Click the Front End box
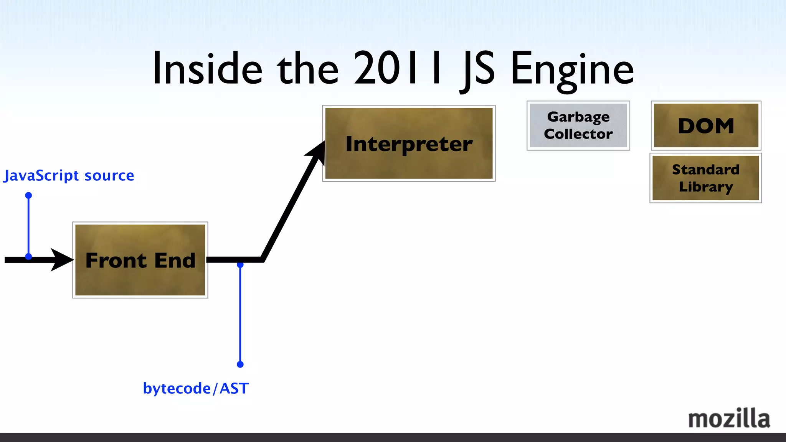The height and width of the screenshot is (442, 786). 140,260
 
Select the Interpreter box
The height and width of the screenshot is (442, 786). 409,143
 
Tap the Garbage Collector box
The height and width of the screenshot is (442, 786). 578,125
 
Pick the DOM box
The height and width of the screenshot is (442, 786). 706,125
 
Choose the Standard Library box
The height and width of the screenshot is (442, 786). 705,178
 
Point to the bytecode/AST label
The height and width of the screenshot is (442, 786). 196,388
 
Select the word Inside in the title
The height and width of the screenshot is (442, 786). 207,69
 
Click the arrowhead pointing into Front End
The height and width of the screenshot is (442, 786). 61,260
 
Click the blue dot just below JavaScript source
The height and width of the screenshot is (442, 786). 28,195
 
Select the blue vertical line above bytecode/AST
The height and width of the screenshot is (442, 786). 240,315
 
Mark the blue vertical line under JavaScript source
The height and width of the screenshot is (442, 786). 28,226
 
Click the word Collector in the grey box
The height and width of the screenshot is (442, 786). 578,134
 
